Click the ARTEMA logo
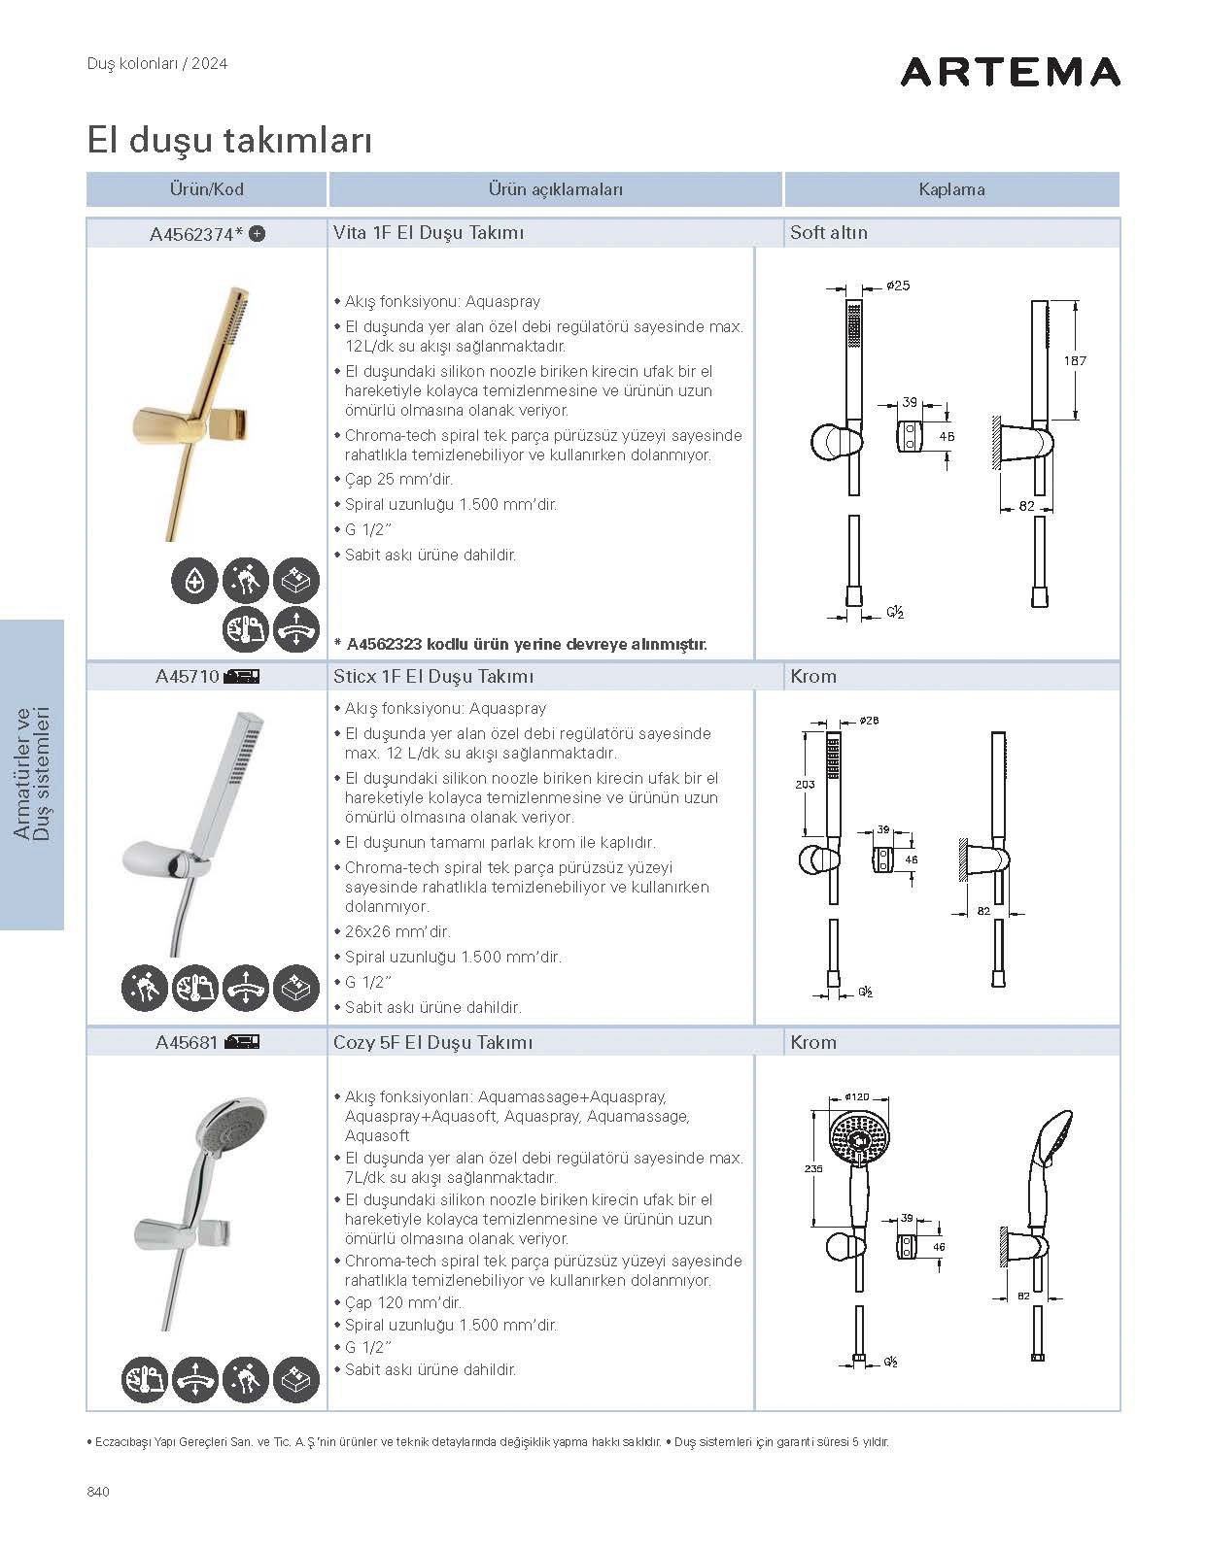click(x=1010, y=72)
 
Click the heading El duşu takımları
click(x=229, y=140)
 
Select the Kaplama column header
click(x=951, y=189)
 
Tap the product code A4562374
click(x=190, y=234)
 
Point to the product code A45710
click(x=187, y=677)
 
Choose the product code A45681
click(x=187, y=1043)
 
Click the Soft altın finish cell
click(x=829, y=233)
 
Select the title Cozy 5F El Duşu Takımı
click(x=432, y=1043)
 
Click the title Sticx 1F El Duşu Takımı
click(x=432, y=677)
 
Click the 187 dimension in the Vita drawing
click(x=1074, y=360)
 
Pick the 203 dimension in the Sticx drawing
click(x=805, y=784)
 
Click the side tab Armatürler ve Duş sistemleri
click(x=32, y=774)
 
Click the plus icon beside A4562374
click(x=258, y=233)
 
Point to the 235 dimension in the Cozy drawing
click(x=813, y=1168)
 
